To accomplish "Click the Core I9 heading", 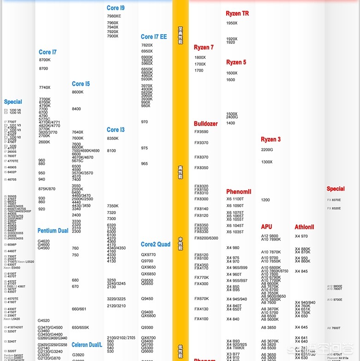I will pos(115,8).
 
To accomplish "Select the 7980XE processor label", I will pos(114,16).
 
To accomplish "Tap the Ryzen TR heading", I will pos(237,14).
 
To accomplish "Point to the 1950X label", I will pos(232,23).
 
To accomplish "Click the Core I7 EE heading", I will pos(154,37).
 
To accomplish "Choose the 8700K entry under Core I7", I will pos(45,60).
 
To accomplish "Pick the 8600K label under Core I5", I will pos(78,92).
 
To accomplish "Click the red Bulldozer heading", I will pos(206,124).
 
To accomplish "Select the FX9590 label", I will pos(201,132).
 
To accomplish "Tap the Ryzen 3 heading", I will pos(270,139).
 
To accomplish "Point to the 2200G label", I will pos(267,150).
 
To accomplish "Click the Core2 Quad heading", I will pos(156,245).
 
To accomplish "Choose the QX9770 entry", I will pos(148,255).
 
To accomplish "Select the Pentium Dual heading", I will pos(53,231).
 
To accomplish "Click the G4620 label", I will pos(44,241).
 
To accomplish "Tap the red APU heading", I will pos(266,227).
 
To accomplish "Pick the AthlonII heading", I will pos(304,227).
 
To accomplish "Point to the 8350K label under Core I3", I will pos(113,138).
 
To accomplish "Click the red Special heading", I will pos(336,189).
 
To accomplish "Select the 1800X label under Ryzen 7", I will pos(200,58).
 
